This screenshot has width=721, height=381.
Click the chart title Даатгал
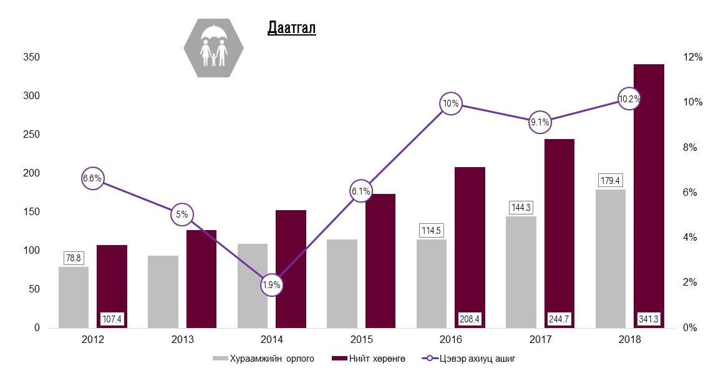(x=291, y=28)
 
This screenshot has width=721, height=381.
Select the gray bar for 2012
(x=74, y=297)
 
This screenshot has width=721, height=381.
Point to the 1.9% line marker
(x=271, y=285)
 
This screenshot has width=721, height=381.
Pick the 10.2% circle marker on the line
(x=629, y=99)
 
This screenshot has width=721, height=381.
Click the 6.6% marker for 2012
(x=92, y=178)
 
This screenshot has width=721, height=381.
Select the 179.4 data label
(x=611, y=181)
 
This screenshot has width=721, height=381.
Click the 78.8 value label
(x=74, y=258)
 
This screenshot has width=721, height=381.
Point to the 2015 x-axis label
(x=361, y=340)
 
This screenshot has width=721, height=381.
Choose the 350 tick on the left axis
(x=32, y=57)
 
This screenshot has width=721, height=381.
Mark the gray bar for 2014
(x=253, y=285)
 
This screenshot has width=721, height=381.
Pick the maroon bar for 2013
(x=201, y=279)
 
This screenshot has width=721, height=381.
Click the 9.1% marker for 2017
(x=540, y=122)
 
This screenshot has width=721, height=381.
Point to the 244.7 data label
(x=559, y=319)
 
